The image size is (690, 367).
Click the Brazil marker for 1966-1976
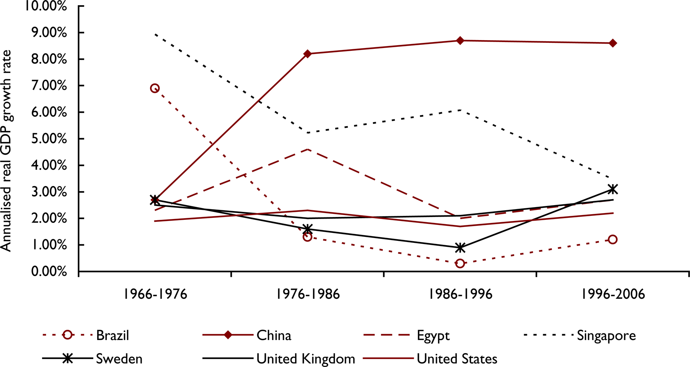point(155,88)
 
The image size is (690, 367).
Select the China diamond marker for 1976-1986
point(308,54)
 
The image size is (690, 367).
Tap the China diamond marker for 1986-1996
point(460,40)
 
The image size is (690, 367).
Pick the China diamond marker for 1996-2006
point(613,43)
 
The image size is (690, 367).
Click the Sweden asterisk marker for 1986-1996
point(460,248)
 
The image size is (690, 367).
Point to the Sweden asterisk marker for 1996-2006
point(613,189)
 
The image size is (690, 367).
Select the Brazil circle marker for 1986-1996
point(460,263)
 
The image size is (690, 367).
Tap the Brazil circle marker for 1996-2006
point(613,239)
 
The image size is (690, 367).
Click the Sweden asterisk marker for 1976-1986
point(308,229)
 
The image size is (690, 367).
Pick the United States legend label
point(457,359)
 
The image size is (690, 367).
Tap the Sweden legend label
point(119,359)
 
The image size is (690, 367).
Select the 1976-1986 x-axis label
point(308,294)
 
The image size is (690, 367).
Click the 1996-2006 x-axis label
point(613,294)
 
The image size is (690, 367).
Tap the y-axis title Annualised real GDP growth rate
point(7,151)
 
